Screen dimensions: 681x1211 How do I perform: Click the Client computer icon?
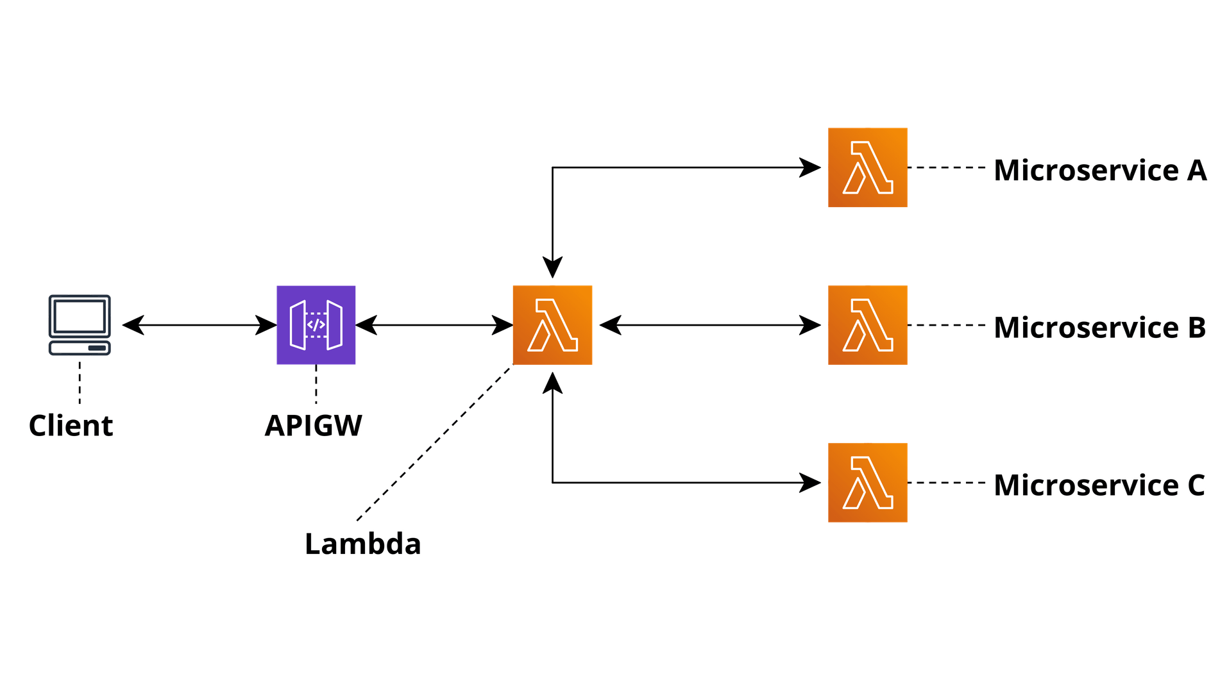(x=80, y=325)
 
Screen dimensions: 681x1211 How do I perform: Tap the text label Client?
(x=71, y=426)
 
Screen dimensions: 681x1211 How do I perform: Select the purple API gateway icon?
(x=316, y=325)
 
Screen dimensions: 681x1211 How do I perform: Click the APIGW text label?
(x=313, y=426)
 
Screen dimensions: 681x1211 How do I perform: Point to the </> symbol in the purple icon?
(x=316, y=325)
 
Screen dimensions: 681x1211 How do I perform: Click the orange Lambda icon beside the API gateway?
(x=552, y=325)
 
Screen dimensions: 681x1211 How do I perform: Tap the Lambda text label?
(x=363, y=544)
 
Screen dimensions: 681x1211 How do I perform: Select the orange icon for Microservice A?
(x=867, y=167)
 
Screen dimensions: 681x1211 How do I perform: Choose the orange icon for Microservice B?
(x=867, y=325)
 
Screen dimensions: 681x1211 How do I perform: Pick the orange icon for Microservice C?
(x=867, y=482)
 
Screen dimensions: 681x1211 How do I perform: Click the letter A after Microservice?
(x=1197, y=171)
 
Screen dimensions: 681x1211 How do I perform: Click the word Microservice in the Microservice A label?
(x=1086, y=171)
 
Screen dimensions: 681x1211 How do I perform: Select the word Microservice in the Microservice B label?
(x=1086, y=328)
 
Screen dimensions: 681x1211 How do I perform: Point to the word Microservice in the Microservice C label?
(x=1086, y=485)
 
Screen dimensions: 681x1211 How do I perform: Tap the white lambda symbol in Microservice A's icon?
(x=868, y=168)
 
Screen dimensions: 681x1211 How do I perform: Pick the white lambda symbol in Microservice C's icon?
(x=868, y=483)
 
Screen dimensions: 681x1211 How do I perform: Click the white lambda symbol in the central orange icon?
(x=553, y=326)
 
